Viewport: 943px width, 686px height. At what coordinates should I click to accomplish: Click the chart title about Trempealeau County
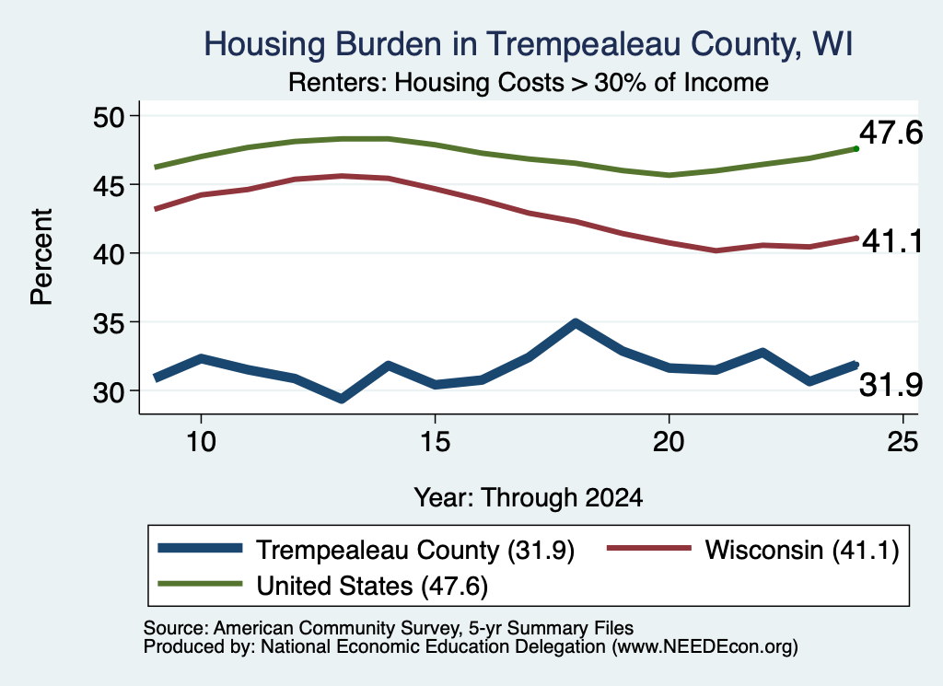coord(528,44)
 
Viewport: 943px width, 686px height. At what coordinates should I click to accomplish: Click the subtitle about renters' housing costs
coord(528,82)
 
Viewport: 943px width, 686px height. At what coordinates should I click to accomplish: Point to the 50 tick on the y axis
coord(109,116)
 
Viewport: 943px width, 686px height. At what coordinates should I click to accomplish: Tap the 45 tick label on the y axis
coord(109,184)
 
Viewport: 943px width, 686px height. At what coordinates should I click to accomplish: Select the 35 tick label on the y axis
coord(109,323)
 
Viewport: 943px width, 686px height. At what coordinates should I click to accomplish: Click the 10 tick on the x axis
coord(201,442)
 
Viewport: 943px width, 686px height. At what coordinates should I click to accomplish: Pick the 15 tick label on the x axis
coord(435,442)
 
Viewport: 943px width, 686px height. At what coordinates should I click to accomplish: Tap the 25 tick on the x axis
coord(902,442)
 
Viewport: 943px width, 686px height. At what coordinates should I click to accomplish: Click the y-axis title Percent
coord(41,257)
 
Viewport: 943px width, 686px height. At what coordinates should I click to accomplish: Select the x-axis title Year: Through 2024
coord(528,498)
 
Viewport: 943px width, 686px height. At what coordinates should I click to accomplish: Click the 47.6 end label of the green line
coord(891,133)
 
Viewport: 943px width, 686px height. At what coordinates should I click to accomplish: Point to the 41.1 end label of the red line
coord(891,241)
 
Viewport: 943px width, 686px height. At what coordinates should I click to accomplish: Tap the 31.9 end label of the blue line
coord(891,385)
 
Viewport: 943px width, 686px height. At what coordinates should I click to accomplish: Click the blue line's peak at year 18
coord(576,323)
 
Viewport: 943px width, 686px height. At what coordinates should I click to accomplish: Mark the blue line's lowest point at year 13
coord(342,399)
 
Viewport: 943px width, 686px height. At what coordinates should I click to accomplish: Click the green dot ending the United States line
coord(856,148)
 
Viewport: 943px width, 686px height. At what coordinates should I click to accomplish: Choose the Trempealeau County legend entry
coord(367,550)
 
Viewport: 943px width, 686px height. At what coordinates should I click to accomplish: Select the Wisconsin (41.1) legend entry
coord(753,550)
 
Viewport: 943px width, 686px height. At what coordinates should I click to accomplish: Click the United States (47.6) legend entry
coord(323,586)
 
